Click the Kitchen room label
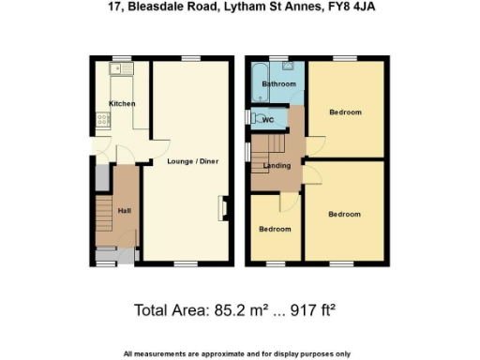(122, 103)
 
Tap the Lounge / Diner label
(192, 161)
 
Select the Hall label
(124, 210)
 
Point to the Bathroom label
(278, 84)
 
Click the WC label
(268, 120)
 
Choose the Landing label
(277, 166)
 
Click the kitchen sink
(122, 68)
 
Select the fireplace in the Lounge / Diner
(222, 207)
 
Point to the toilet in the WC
(254, 118)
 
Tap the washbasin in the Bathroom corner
(292, 67)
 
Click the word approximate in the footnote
(218, 353)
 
